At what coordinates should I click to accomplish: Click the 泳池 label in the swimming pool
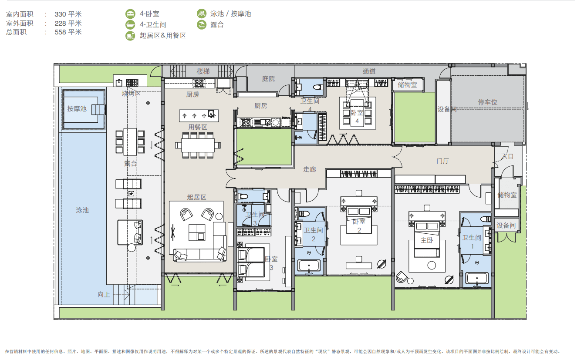82,210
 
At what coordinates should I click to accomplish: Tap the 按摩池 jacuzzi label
77,109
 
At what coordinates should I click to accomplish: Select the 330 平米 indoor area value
68,14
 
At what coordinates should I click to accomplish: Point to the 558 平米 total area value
68,32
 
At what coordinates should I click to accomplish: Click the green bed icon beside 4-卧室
130,13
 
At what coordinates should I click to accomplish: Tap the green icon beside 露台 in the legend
202,25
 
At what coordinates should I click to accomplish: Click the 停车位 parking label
487,102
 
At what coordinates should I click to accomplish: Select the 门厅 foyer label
443,161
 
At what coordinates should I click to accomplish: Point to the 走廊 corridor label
310,169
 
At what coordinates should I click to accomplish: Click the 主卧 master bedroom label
427,240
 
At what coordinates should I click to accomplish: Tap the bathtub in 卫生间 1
477,279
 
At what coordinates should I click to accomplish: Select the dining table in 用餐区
198,145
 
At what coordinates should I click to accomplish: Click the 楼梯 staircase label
203,71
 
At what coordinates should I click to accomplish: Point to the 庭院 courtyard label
268,79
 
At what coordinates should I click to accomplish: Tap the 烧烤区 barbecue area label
131,94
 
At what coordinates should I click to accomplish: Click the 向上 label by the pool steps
104,295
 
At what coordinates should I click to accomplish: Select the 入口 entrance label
508,156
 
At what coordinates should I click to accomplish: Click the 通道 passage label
369,71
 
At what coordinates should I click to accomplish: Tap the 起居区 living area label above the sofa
196,197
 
